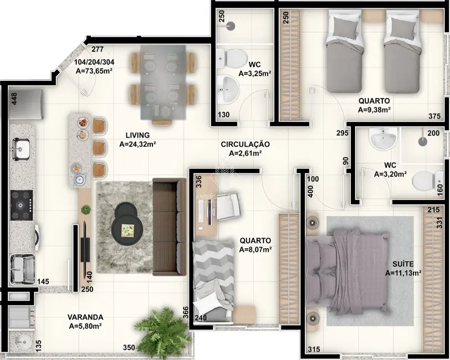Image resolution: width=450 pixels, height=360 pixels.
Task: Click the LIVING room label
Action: point(137,135)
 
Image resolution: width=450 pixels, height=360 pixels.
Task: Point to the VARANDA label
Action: point(85,317)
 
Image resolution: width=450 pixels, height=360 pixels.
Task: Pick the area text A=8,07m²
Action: point(255,250)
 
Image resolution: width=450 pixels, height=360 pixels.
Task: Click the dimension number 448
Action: point(14,99)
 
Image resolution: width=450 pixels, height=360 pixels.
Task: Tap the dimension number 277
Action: point(98,49)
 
